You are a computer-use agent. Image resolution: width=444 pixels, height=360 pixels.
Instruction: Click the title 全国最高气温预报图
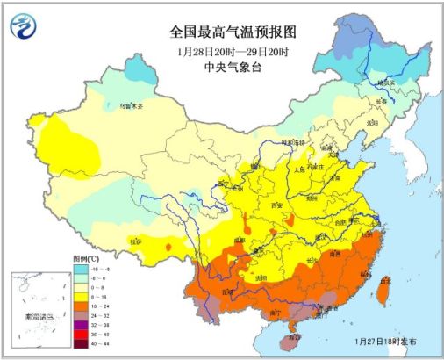(x=233, y=32)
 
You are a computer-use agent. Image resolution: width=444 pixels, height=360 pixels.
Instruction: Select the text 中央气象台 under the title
(x=233, y=68)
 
